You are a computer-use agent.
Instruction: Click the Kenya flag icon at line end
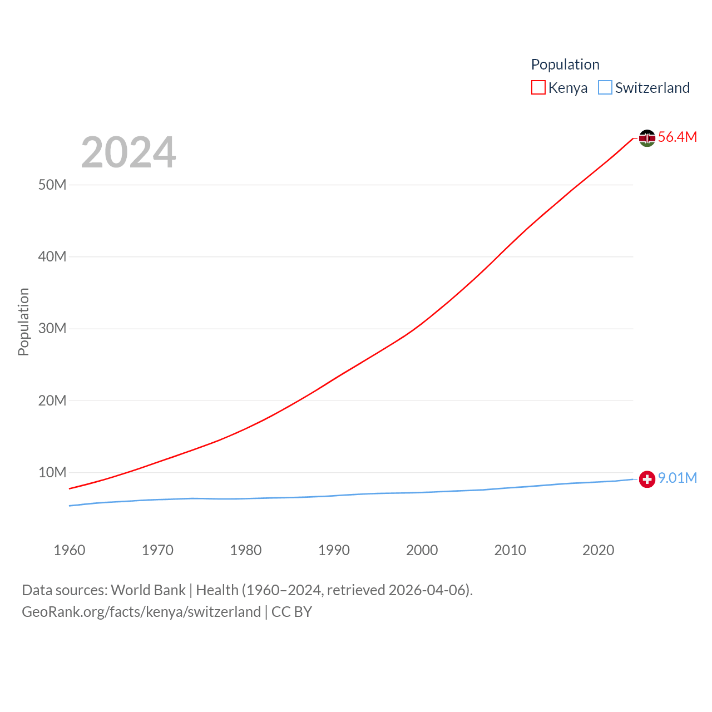pyautogui.click(x=647, y=137)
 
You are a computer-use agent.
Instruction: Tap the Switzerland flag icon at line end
pyautogui.click(x=647, y=479)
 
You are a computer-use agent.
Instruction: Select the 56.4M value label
pyautogui.click(x=677, y=137)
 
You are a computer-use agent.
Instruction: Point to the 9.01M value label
pyautogui.click(x=677, y=478)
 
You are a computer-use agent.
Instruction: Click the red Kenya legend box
pyautogui.click(x=538, y=88)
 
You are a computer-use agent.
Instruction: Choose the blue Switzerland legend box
pyautogui.click(x=605, y=88)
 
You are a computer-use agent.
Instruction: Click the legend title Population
pyautogui.click(x=565, y=65)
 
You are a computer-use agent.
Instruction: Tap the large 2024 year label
pyautogui.click(x=128, y=152)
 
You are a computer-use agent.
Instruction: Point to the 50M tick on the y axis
pyautogui.click(x=52, y=185)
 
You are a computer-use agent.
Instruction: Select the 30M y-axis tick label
pyautogui.click(x=52, y=328)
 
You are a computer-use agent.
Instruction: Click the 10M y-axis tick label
pyautogui.click(x=52, y=472)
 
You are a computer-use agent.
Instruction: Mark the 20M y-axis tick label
pyautogui.click(x=52, y=400)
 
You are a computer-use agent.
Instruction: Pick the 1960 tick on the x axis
pyautogui.click(x=70, y=550)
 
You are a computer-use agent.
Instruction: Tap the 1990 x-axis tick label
pyautogui.click(x=334, y=550)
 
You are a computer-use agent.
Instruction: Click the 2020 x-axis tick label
pyautogui.click(x=598, y=550)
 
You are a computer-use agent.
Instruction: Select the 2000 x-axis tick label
pyautogui.click(x=422, y=550)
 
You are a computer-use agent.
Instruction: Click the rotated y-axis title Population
pyautogui.click(x=23, y=322)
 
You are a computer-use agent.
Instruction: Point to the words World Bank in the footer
pyautogui.click(x=148, y=590)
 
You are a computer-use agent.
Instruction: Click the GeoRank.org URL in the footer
pyautogui.click(x=141, y=612)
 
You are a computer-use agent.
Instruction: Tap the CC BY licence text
pyautogui.click(x=291, y=612)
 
